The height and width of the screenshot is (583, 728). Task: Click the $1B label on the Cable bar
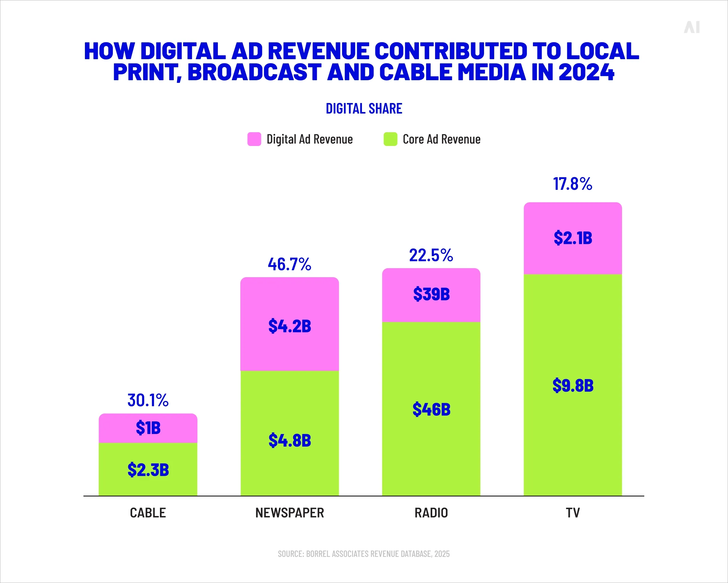(x=148, y=428)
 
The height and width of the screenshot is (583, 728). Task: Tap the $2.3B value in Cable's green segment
(x=148, y=470)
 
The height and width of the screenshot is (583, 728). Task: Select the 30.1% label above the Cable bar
(x=148, y=400)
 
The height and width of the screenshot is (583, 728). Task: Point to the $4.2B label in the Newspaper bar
(x=289, y=326)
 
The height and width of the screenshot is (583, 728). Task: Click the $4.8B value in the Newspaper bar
(x=289, y=440)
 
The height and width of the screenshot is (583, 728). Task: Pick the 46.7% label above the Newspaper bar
(x=289, y=264)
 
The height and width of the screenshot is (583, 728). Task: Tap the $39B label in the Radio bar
(x=431, y=294)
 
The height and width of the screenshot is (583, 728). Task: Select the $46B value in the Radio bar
(x=431, y=409)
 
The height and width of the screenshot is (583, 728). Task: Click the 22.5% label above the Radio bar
(x=431, y=255)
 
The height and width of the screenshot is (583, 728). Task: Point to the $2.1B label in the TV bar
(x=573, y=238)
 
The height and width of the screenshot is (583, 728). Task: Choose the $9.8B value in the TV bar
(x=573, y=385)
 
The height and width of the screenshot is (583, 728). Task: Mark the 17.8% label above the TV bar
(x=572, y=184)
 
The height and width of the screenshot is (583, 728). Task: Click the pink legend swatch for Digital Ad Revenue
(x=254, y=139)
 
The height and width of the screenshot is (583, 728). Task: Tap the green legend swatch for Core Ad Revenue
(x=390, y=139)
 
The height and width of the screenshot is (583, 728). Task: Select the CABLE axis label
(x=148, y=513)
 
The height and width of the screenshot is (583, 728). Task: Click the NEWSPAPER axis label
(x=289, y=513)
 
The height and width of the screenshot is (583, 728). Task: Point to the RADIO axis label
(x=431, y=513)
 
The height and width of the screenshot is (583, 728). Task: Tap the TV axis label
(x=573, y=513)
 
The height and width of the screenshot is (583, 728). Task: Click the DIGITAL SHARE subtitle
(x=364, y=108)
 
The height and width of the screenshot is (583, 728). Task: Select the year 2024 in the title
(x=586, y=72)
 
